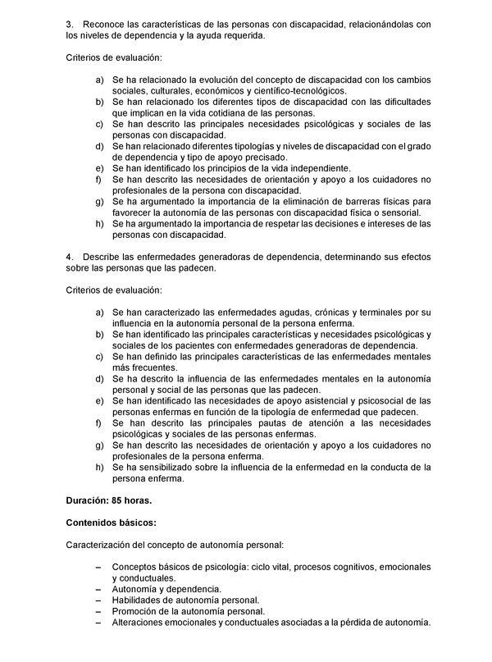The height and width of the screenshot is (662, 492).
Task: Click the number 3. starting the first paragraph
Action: coord(70,25)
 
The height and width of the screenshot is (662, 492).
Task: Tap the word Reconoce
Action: coord(107,25)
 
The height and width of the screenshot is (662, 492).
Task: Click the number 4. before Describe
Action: coord(70,258)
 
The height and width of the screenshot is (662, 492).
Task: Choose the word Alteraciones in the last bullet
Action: coord(142,623)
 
